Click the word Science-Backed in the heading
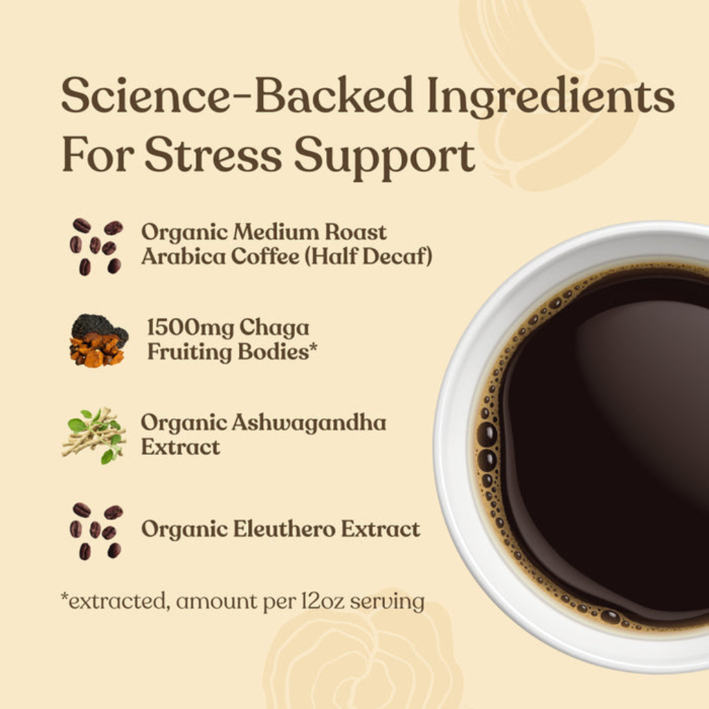coord(237,95)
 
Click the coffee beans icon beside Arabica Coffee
coord(96,246)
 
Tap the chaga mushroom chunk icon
coord(98,341)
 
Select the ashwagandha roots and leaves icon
coord(94,435)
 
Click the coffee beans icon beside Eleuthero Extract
coord(96,531)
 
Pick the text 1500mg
coord(190,328)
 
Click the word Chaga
coord(274,328)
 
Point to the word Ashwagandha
coord(309,424)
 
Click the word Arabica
coord(183,256)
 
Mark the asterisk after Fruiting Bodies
coord(313,348)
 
